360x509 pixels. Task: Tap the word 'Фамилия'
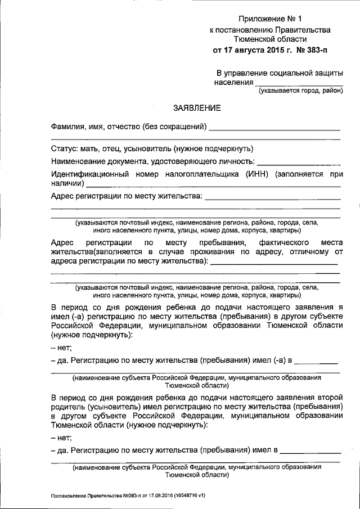70,127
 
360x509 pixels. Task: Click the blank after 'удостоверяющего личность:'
299,162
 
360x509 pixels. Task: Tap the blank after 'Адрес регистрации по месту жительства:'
273,197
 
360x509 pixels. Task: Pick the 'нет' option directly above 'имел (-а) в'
58,348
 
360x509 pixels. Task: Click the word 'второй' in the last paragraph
328,396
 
